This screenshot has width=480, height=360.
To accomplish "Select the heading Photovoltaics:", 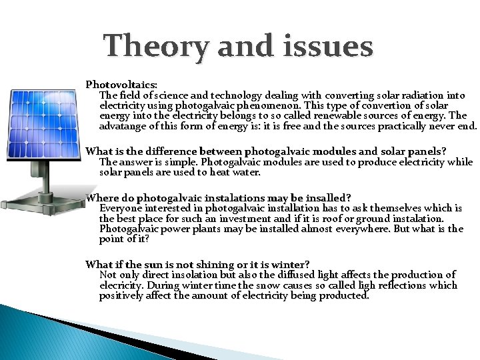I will click(121, 85).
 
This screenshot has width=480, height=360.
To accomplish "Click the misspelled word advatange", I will click(123, 125).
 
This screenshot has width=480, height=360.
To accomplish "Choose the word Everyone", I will click(121, 208).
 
